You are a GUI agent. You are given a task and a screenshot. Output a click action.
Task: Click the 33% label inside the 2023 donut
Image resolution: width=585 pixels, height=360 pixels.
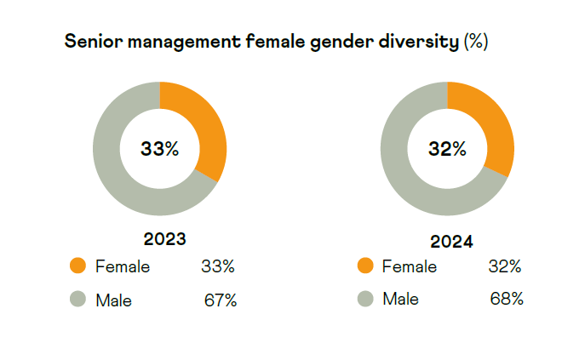click(x=160, y=149)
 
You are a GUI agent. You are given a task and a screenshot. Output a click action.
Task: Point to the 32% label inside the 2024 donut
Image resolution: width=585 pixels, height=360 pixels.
click(x=448, y=149)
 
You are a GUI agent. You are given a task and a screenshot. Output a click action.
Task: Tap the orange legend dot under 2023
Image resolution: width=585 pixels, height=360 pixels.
click(x=78, y=266)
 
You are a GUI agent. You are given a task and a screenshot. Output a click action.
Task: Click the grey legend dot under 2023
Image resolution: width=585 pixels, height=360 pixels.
click(x=78, y=299)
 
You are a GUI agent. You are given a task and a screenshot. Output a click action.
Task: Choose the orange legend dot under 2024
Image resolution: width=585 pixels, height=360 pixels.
click(x=366, y=266)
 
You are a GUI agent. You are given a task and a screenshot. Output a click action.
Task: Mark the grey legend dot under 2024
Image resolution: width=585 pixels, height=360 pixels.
click(x=366, y=299)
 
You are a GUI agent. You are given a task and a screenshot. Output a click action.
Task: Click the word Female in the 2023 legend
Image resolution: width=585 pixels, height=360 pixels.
click(x=123, y=266)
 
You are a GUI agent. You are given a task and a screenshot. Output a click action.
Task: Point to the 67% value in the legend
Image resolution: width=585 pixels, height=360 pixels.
click(x=221, y=300)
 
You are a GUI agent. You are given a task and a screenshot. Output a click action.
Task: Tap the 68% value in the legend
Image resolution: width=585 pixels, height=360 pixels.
click(x=507, y=299)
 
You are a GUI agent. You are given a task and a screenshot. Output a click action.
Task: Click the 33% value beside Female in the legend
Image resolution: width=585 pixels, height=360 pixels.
click(x=218, y=266)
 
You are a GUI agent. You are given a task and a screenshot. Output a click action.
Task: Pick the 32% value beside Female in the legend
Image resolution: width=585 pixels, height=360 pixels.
click(x=505, y=266)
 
